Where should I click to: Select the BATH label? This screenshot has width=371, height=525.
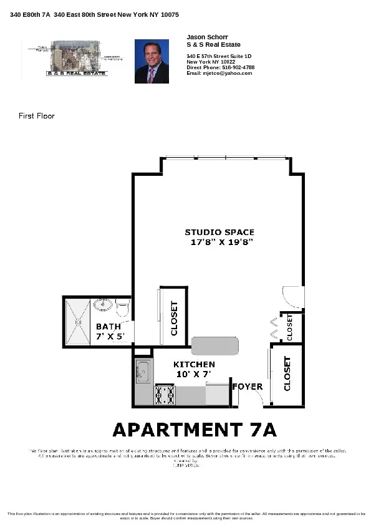click(x=108, y=327)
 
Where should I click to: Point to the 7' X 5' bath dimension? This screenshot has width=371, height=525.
click(x=110, y=336)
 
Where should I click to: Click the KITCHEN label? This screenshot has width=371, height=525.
click(x=194, y=364)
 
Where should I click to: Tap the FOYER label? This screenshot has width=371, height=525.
click(x=247, y=387)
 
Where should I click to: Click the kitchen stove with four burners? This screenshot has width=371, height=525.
click(x=165, y=395)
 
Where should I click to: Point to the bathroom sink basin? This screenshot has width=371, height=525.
click(x=104, y=306)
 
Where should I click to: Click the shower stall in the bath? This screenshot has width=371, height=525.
click(x=77, y=321)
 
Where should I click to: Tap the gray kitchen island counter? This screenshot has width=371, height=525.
click(x=215, y=345)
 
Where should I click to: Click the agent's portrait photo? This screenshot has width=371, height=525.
click(x=152, y=62)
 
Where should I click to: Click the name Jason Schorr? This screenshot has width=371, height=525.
click(x=204, y=37)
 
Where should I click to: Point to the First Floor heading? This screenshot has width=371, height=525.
click(x=37, y=116)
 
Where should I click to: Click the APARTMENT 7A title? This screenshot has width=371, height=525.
click(x=194, y=430)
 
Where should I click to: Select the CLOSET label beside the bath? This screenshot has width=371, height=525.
click(x=174, y=319)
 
